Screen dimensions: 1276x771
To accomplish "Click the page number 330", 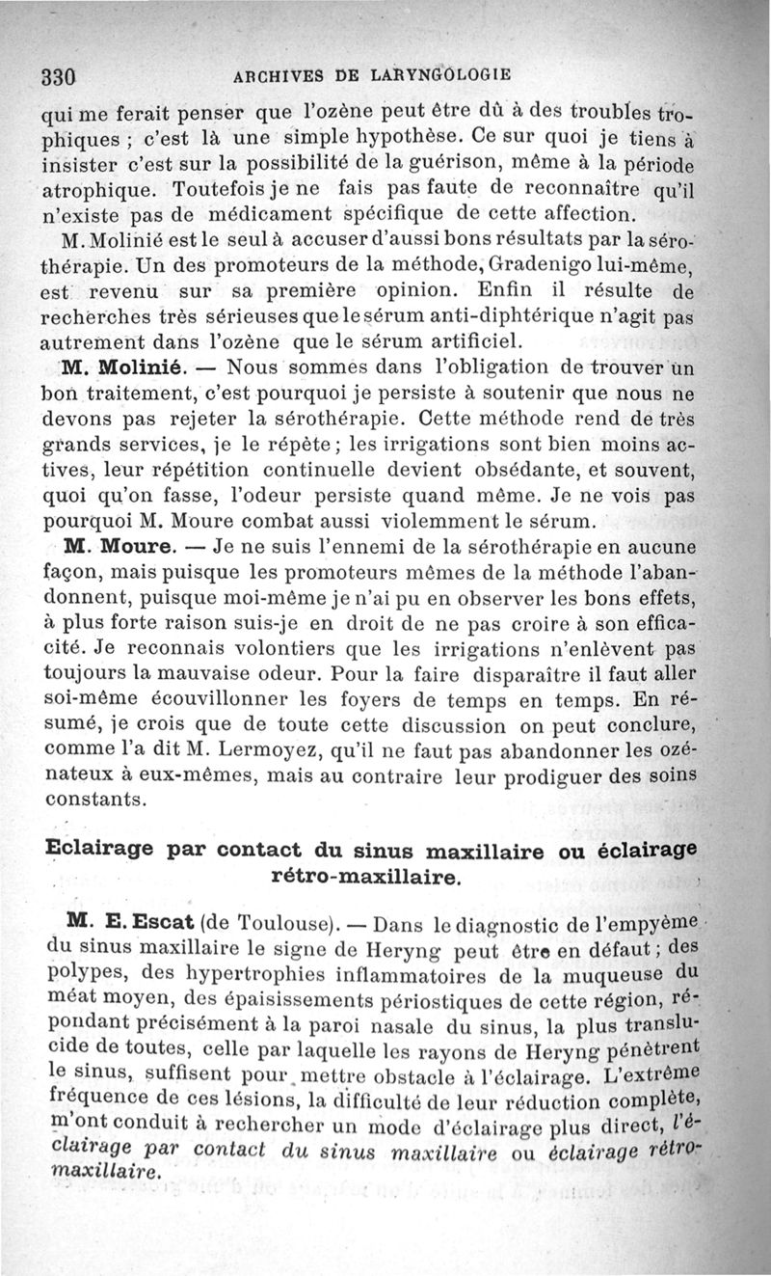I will pyautogui.click(x=59, y=77).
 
